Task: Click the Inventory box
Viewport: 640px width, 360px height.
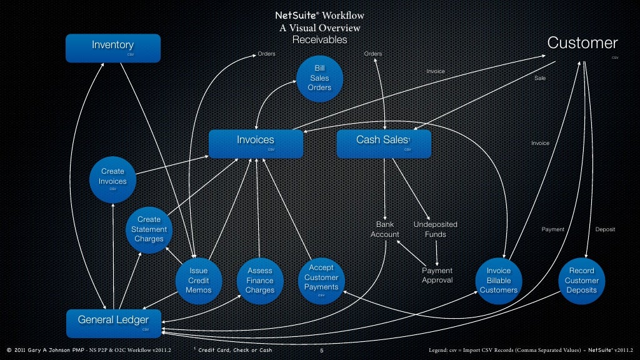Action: pos(113,47)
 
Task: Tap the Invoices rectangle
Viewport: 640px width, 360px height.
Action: pos(256,143)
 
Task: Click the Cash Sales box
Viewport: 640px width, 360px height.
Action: pos(383,143)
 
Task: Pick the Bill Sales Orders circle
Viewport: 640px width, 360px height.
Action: pos(319,78)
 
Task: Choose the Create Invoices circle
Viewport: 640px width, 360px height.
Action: pos(112,180)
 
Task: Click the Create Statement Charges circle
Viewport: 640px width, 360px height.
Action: pos(149,229)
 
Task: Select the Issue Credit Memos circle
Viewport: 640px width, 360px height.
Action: pos(199,281)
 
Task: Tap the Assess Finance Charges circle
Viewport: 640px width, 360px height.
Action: pos(259,281)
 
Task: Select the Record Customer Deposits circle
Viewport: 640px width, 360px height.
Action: pos(581,281)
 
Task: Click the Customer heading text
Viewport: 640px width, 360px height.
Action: pos(582,42)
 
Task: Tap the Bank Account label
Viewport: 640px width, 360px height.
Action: pos(385,229)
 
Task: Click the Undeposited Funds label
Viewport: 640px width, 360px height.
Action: pos(436,229)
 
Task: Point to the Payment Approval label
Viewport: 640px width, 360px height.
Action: pos(437,276)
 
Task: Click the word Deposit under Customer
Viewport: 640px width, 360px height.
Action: pos(605,229)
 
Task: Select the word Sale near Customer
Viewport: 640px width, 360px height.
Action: pos(540,78)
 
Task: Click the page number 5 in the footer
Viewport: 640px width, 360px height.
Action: pos(321,351)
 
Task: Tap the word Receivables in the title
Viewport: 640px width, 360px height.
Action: pos(319,40)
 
